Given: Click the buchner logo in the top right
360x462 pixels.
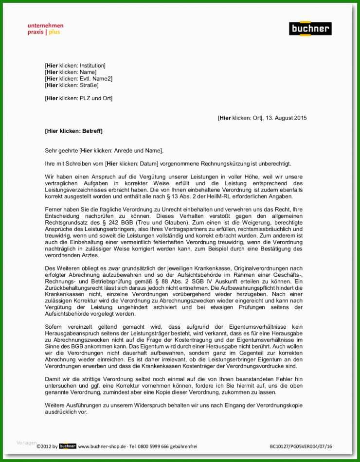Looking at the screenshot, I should click(310, 29).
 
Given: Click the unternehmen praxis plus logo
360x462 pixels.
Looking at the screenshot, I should click(45, 29).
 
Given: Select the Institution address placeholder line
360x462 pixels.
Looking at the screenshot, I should click(75, 66).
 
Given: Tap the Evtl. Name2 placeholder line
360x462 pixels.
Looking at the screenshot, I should click(78, 78).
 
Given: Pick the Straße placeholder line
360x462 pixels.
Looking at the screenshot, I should click(72, 85).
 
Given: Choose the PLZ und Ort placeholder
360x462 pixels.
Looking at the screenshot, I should click(78, 98).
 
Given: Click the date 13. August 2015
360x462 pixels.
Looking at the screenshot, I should click(287, 118).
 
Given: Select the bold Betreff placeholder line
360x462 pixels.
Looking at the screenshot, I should click(73, 131).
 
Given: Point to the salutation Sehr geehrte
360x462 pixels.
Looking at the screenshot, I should click(61, 151).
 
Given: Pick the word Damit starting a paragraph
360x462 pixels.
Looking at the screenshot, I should click(53, 379).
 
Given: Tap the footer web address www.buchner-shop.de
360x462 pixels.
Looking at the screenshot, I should click(102, 446).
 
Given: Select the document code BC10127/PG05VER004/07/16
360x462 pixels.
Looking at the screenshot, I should click(301, 446).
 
